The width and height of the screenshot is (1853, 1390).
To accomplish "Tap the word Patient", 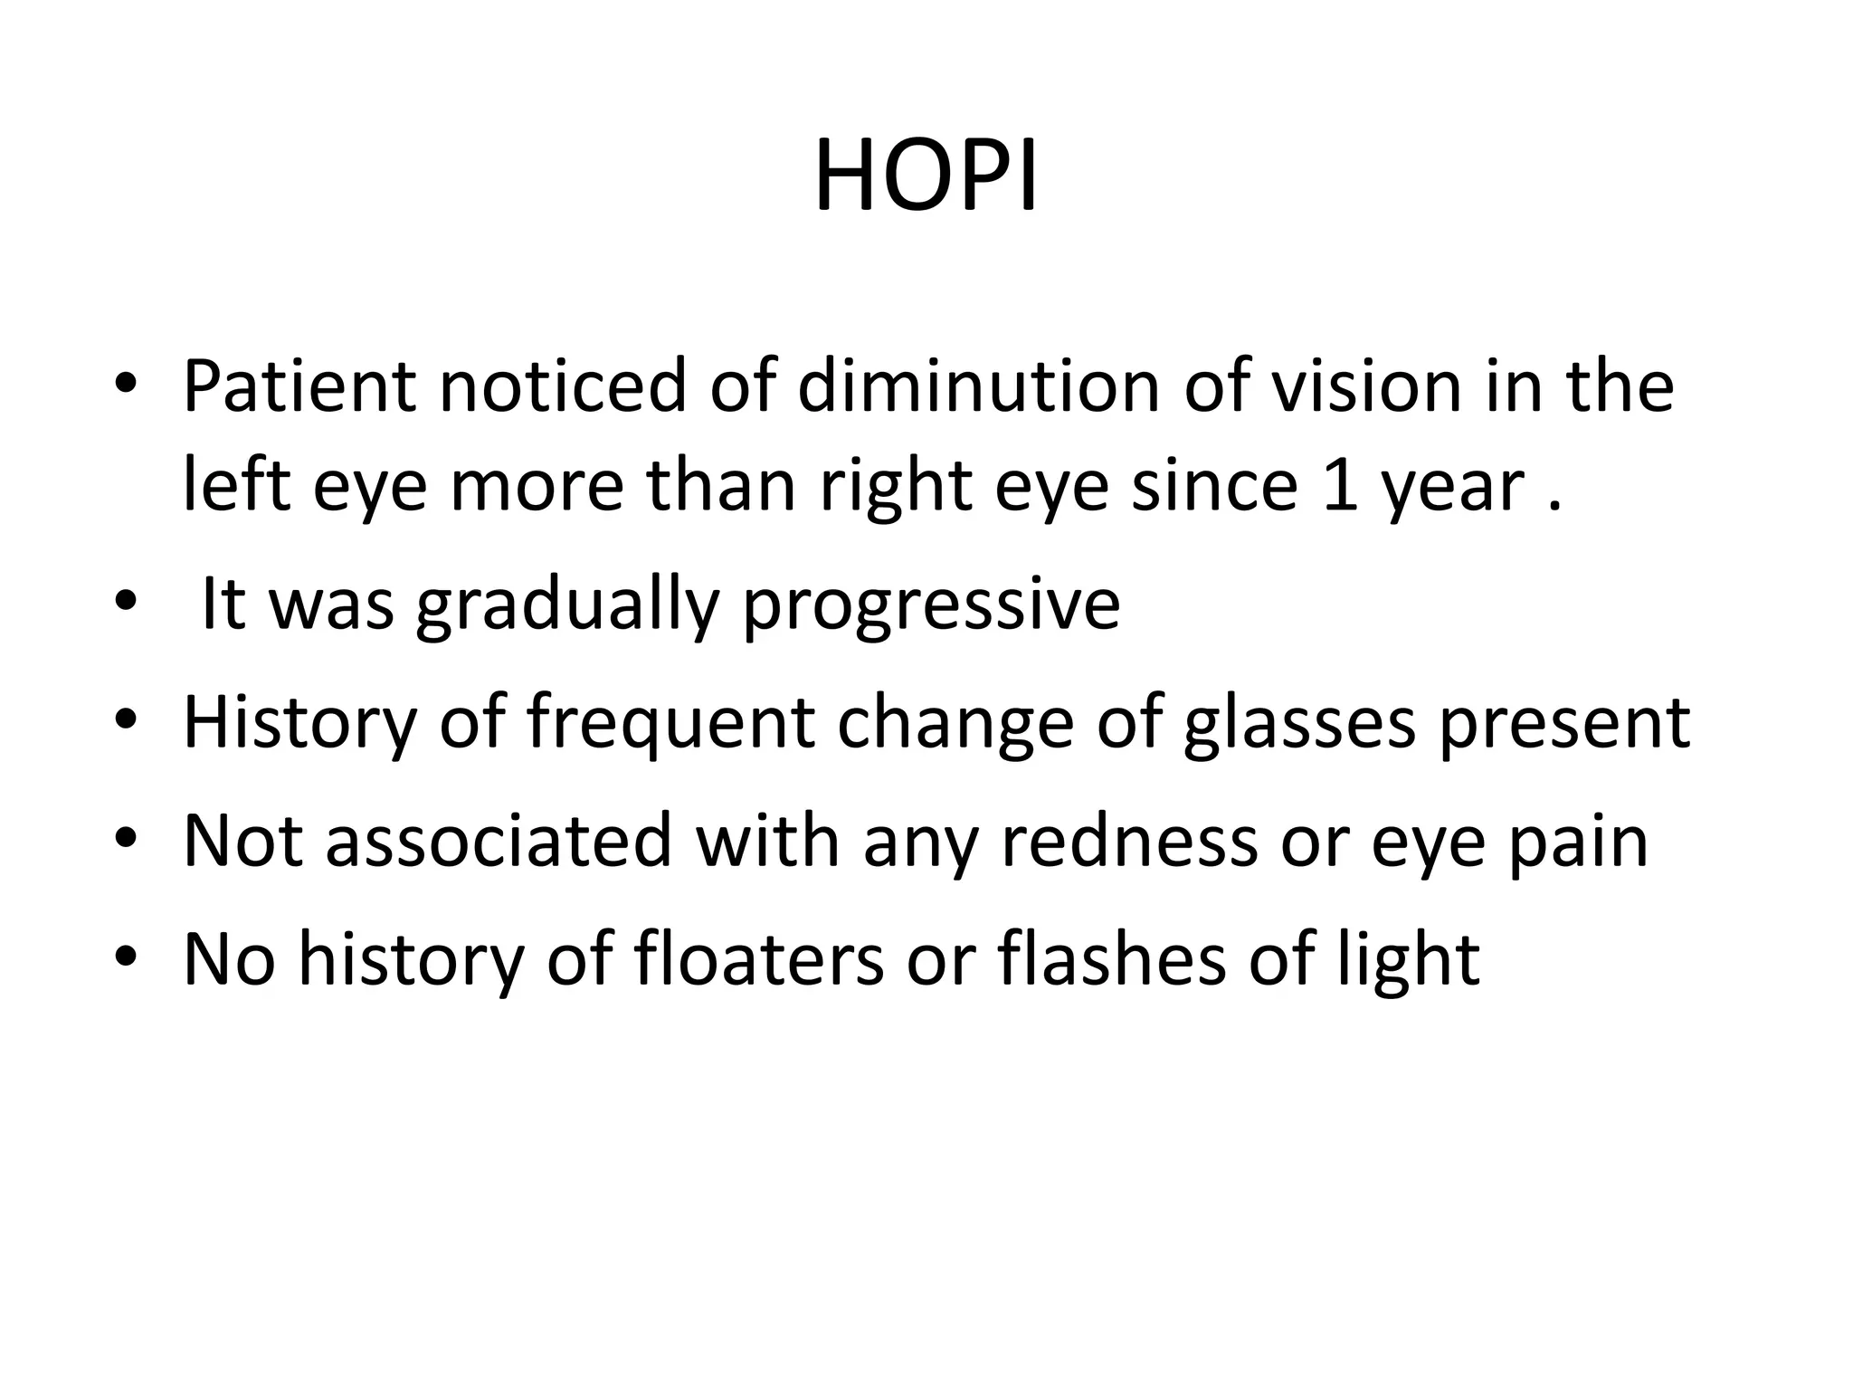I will coord(299,386).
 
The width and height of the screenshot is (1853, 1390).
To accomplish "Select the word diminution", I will coord(978,386).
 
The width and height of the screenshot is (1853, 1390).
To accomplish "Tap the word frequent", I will coord(670,724).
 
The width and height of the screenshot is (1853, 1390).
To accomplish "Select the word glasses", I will coord(1299,724).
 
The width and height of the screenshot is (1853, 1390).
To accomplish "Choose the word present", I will coord(1564,724).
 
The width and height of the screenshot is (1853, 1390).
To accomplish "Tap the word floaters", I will coord(759,961).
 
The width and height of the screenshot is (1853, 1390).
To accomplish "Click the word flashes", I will coord(1112,961).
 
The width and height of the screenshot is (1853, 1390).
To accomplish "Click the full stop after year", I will coord(1554,507).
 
